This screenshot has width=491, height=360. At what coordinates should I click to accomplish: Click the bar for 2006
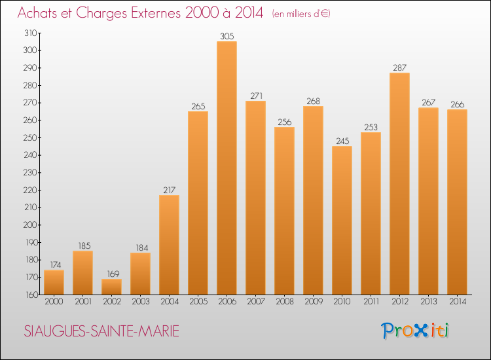pyautogui.click(x=227, y=168)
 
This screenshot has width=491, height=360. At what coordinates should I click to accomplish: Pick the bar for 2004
pyautogui.click(x=169, y=245)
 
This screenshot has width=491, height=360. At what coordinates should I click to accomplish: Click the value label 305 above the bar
pyautogui.click(x=227, y=37)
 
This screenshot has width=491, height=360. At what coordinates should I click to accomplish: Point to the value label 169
pyautogui.click(x=111, y=274)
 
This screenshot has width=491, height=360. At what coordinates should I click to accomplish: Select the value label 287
pyautogui.click(x=399, y=68)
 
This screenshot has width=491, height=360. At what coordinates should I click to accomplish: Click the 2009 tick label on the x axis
pyautogui.click(x=313, y=302)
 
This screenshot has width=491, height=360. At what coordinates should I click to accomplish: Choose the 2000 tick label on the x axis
pyautogui.click(x=54, y=302)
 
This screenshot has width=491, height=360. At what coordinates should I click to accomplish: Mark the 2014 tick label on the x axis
pyautogui.click(x=457, y=302)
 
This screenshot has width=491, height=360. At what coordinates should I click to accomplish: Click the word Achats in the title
pyautogui.click(x=36, y=12)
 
